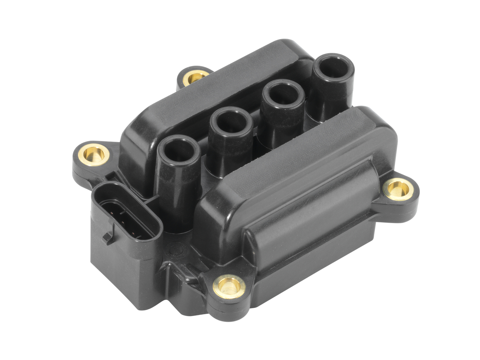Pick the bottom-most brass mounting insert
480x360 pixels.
(x=229, y=287)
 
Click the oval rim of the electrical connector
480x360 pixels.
(x=156, y=225)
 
